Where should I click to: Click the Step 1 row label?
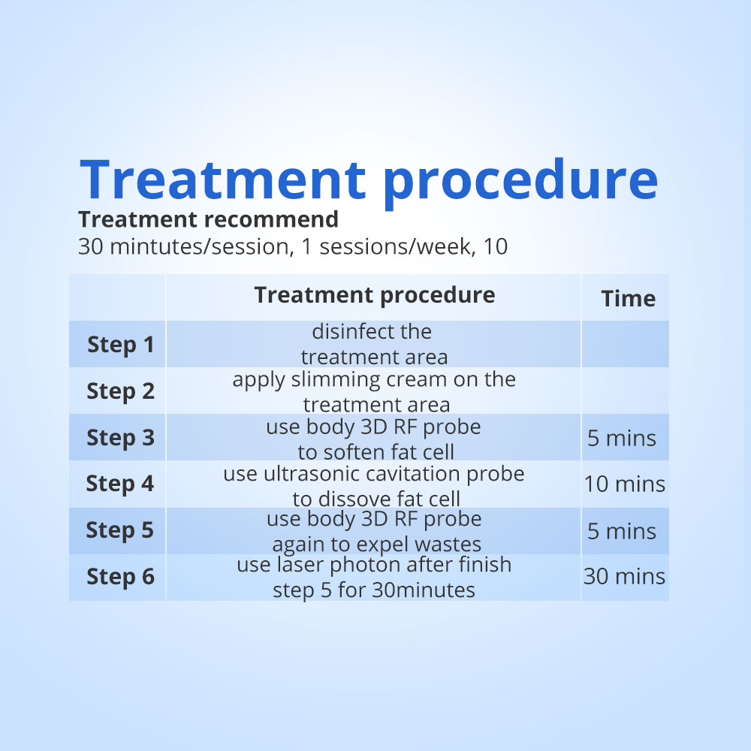(x=121, y=345)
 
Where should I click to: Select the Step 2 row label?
(x=121, y=391)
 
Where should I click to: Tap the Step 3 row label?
(x=121, y=438)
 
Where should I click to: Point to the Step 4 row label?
(x=120, y=484)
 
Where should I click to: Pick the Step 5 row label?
(x=119, y=530)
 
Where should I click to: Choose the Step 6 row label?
(x=121, y=577)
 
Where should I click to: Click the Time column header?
(x=628, y=298)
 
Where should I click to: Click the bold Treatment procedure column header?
(x=375, y=295)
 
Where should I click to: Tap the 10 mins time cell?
(x=625, y=484)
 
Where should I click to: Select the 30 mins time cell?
(x=625, y=577)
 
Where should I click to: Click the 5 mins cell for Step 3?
(x=622, y=439)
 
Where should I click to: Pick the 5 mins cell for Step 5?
(x=622, y=532)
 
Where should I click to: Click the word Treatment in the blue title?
(x=223, y=179)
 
